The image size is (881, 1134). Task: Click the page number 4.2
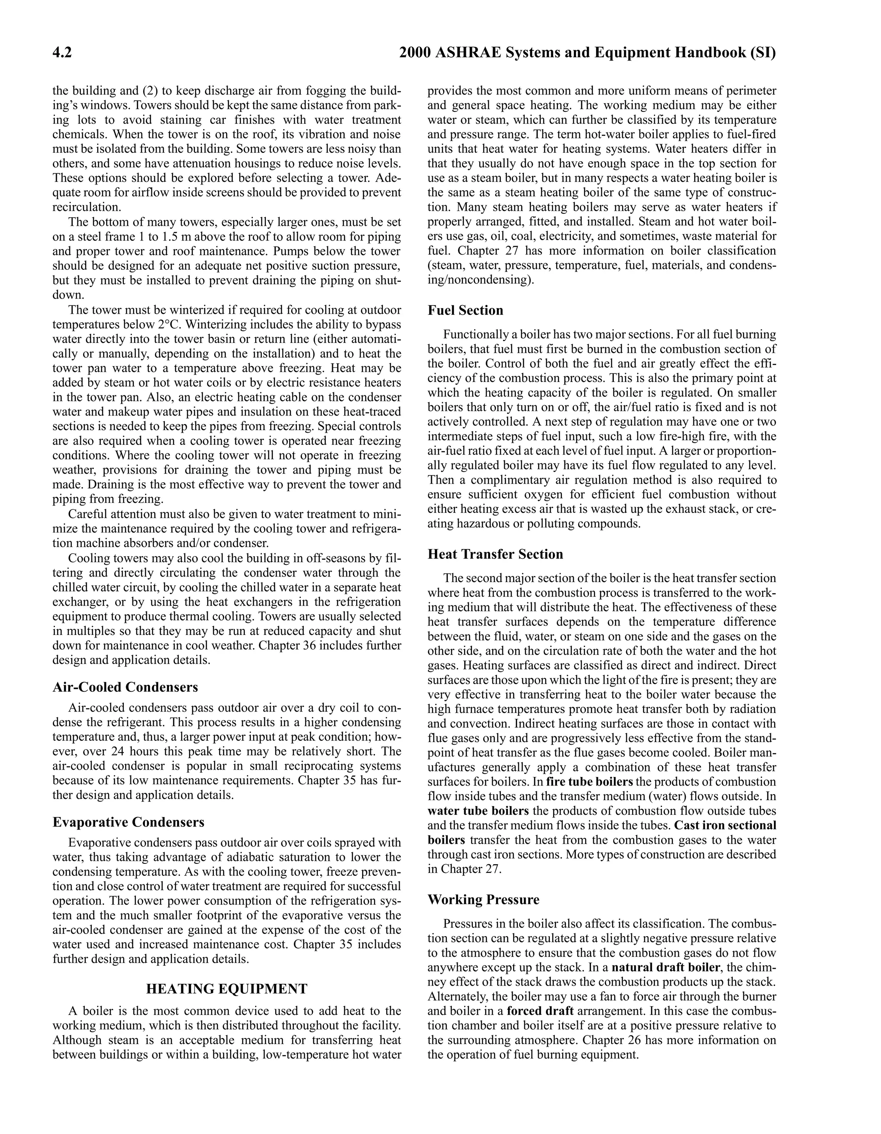(x=62, y=53)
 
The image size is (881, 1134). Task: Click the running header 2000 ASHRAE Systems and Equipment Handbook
(x=587, y=53)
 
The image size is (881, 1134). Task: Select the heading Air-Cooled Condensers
(x=125, y=687)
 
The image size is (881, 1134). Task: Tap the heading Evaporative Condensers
(x=128, y=822)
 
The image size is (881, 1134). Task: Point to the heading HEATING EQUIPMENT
(x=226, y=989)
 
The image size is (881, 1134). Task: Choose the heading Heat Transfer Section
(x=495, y=554)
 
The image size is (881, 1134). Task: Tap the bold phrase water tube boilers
(x=478, y=811)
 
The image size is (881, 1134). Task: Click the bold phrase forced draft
(x=540, y=1011)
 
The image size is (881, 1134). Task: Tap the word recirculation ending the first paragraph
(x=86, y=207)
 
